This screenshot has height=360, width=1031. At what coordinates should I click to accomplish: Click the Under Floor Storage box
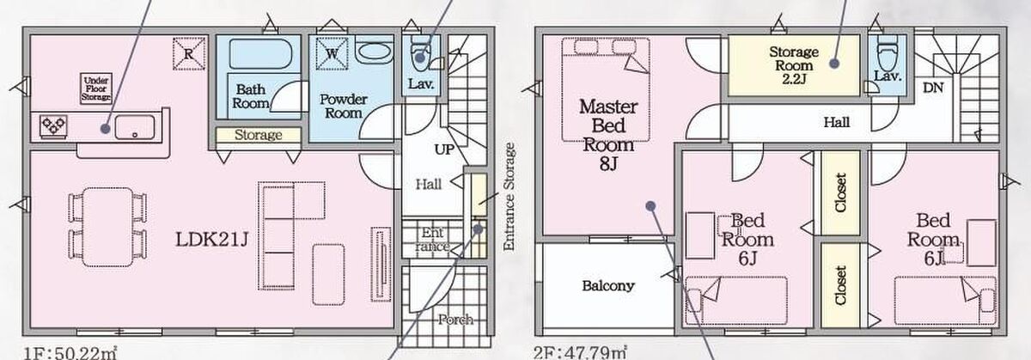point(95,88)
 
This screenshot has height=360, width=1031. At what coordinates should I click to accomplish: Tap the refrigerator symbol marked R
point(189,54)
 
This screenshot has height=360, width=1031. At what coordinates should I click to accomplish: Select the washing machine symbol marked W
point(332,53)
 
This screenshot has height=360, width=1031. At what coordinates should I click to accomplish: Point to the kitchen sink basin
point(135,127)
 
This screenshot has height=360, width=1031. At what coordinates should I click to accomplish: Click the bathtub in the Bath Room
point(260,54)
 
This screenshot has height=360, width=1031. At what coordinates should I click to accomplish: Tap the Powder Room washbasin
point(375,52)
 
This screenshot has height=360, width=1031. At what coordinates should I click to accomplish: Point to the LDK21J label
point(212,240)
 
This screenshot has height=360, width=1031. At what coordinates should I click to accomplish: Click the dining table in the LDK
point(108,227)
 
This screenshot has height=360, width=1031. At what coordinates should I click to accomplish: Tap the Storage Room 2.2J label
point(794,65)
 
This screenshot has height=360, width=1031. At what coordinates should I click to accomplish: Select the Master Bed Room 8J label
point(608,135)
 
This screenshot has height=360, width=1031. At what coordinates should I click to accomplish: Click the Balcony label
point(608,286)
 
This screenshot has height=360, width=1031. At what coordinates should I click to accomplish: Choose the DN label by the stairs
point(933,88)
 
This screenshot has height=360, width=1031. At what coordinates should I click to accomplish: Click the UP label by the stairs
point(444,149)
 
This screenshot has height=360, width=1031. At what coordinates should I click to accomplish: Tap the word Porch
point(455,320)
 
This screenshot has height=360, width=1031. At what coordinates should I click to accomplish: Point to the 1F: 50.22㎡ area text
point(70,353)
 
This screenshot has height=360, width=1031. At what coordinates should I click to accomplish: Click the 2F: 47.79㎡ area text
point(580,353)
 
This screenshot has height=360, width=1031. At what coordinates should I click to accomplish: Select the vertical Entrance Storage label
point(509,197)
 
